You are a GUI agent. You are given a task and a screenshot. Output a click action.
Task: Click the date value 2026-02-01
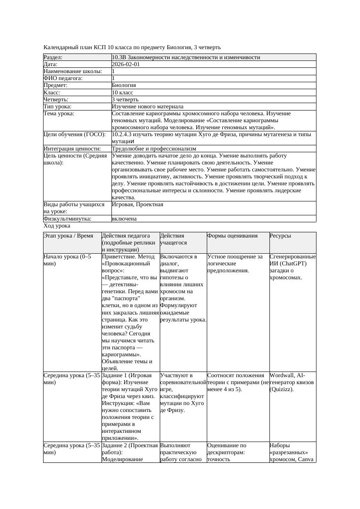point(126,64)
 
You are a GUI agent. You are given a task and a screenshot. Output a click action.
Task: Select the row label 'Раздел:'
point(53,57)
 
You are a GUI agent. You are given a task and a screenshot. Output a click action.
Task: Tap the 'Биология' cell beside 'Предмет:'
point(124,85)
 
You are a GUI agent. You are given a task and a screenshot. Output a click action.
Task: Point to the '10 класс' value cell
point(122,92)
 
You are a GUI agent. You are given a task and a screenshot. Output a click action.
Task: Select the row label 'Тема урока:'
point(59,114)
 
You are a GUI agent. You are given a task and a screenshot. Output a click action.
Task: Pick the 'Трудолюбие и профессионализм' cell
point(154,148)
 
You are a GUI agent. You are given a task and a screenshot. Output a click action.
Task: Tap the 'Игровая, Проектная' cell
point(138,204)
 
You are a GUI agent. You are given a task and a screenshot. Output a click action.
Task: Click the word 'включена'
point(124,218)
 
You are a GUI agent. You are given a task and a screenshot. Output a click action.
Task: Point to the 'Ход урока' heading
point(57,226)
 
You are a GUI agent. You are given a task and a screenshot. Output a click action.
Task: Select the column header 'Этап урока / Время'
point(69,235)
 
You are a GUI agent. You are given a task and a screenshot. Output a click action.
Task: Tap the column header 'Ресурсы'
point(280,235)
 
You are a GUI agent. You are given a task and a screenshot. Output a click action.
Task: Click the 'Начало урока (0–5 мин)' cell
point(67,260)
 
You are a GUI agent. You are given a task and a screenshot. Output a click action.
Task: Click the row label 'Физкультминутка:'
point(67,218)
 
